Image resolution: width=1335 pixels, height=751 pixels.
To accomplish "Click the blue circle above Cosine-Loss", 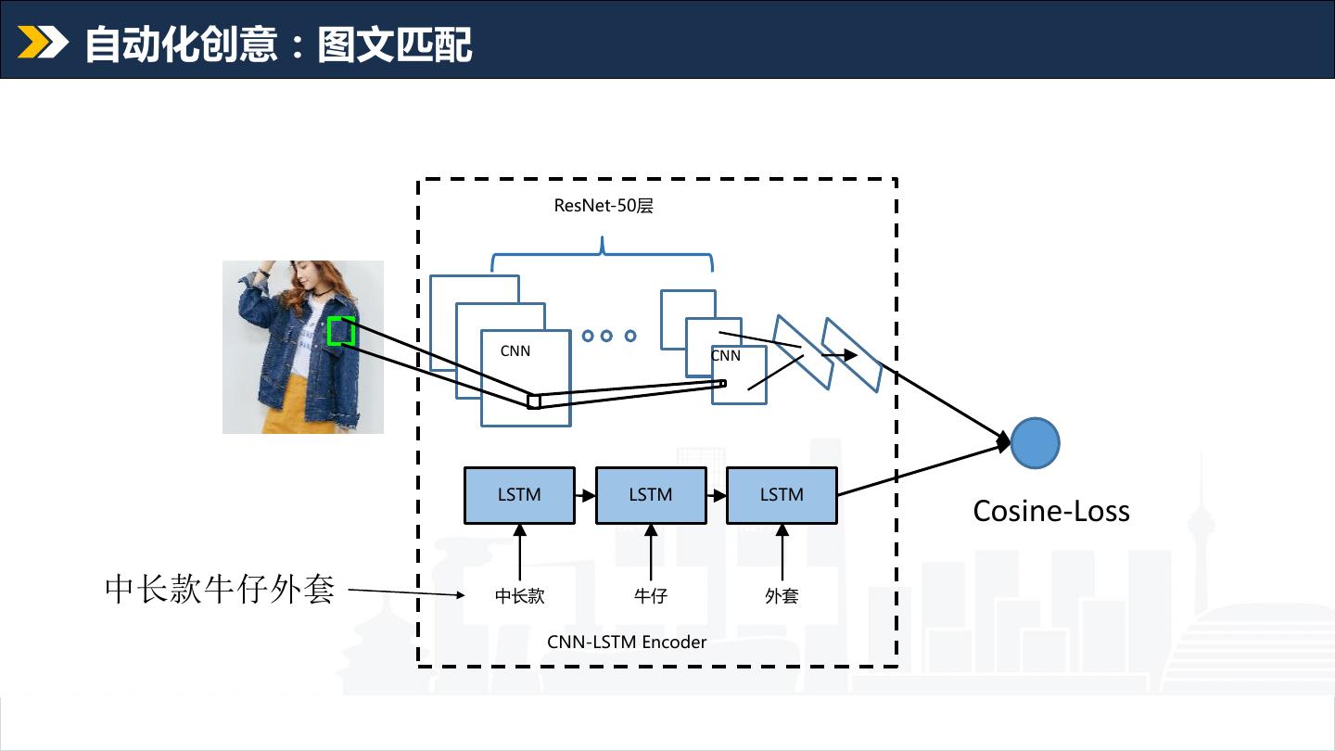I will (x=1035, y=443).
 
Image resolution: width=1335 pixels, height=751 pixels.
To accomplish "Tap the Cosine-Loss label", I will (x=1051, y=511).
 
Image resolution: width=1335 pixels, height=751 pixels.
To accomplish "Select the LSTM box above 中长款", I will (x=519, y=495).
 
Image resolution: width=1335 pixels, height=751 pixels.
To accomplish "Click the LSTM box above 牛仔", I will (x=651, y=495).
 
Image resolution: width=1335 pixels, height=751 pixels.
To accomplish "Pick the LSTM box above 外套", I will (x=782, y=495).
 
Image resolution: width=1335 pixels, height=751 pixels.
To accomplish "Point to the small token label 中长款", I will (x=519, y=596).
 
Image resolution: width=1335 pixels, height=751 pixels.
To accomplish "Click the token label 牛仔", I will (x=651, y=596).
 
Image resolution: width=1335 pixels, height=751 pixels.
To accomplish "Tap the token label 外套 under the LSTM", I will (x=782, y=596).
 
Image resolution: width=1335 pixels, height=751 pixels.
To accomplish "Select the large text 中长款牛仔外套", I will (x=220, y=589).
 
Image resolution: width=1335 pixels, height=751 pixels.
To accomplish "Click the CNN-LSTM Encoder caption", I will (x=627, y=642).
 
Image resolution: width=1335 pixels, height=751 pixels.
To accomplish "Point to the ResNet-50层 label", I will (x=604, y=206).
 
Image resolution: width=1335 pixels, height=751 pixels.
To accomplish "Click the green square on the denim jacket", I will (x=341, y=331).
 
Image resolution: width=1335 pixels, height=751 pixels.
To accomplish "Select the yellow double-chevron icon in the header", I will (x=43, y=43).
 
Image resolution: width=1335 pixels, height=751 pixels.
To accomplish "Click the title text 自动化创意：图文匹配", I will (x=278, y=45).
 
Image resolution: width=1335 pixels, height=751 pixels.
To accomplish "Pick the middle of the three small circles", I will (x=607, y=336).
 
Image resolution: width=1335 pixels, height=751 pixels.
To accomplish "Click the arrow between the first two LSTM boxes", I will (x=585, y=496).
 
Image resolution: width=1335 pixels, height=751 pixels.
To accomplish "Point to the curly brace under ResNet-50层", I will (x=603, y=250).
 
